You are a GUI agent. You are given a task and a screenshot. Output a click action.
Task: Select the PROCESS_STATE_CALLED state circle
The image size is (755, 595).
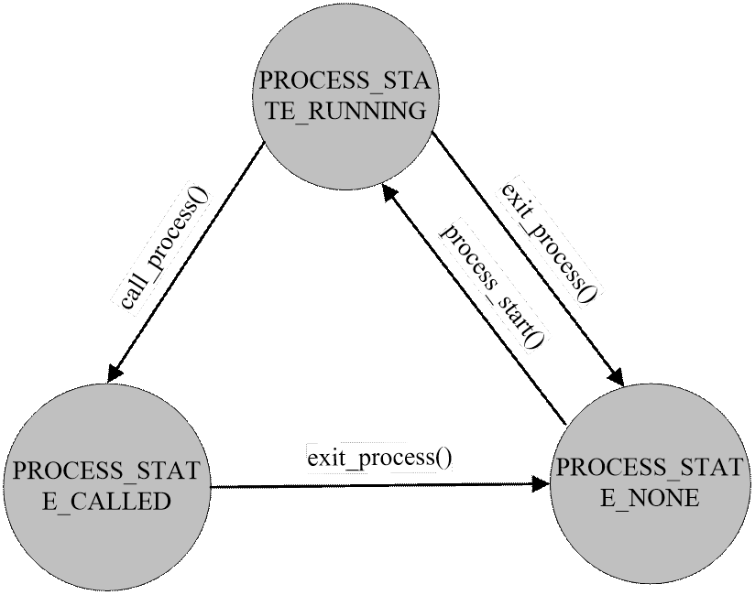pos(106,485)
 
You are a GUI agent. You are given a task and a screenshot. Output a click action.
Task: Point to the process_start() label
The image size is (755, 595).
pos(492,284)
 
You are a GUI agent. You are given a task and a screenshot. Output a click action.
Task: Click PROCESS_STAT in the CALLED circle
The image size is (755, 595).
pos(107,472)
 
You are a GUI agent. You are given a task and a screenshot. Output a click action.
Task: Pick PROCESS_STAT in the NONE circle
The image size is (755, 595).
pos(650,468)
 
